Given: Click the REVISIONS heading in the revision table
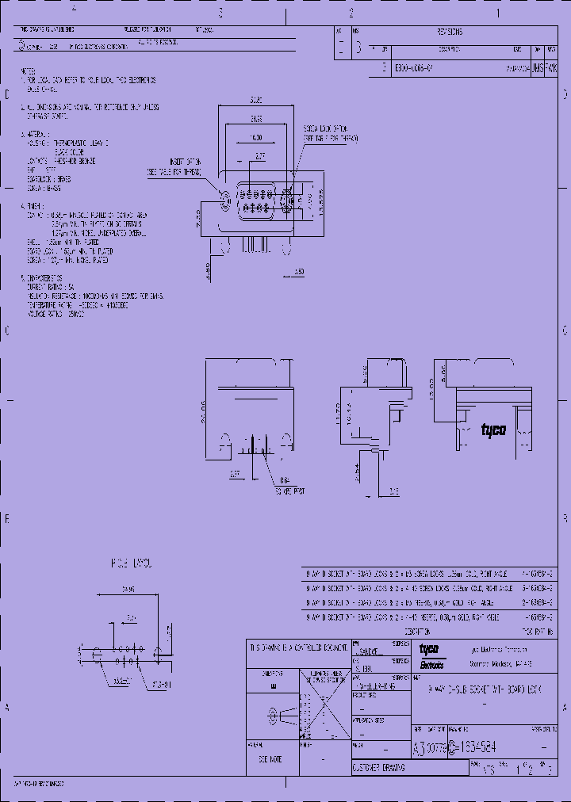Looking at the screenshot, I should click(x=449, y=32).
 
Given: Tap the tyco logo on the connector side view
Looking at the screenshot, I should click(x=493, y=430).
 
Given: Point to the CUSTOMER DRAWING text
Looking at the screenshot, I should click(x=379, y=768).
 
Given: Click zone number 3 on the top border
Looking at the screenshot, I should click(x=220, y=13).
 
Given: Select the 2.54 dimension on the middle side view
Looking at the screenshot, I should click(x=359, y=470).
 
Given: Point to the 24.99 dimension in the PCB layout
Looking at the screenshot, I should click(x=127, y=590).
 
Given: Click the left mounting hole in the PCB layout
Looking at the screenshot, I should click(x=95, y=655).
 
